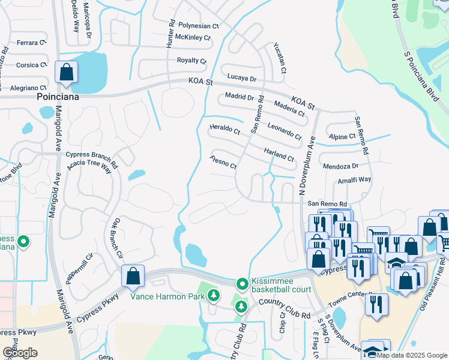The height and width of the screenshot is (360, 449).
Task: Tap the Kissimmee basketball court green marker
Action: [242, 283]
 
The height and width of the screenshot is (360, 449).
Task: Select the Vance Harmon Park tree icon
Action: [213, 295]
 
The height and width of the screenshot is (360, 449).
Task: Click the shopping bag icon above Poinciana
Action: [67, 72]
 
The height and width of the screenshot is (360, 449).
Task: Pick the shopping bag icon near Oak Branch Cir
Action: [133, 276]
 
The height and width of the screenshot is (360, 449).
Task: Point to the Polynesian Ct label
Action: [199, 26]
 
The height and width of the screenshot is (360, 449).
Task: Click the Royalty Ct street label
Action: [191, 61]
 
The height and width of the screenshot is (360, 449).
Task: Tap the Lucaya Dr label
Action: [241, 79]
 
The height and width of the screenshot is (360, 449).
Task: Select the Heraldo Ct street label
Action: [224, 130]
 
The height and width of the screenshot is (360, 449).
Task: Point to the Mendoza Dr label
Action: [340, 166]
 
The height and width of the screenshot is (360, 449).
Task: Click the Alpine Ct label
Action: [343, 137]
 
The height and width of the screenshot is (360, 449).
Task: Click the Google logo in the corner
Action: [20, 353]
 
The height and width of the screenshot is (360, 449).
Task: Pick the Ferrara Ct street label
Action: [31, 43]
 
